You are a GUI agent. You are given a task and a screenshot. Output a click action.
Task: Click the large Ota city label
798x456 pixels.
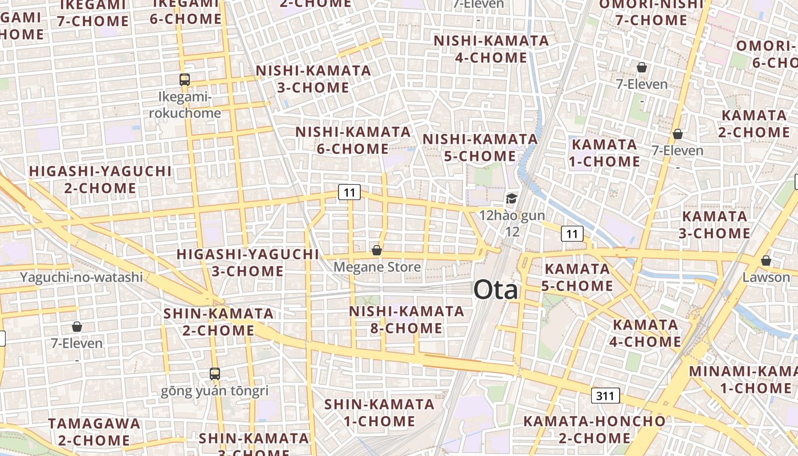496,290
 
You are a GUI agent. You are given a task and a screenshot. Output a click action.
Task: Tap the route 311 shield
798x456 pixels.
605,396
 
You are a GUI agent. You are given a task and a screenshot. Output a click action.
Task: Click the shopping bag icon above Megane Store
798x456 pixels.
376,250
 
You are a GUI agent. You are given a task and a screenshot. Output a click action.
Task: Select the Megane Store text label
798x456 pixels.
377,267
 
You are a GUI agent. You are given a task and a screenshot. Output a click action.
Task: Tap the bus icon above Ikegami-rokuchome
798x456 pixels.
185,80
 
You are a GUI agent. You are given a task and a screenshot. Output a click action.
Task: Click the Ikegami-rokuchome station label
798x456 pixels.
185,105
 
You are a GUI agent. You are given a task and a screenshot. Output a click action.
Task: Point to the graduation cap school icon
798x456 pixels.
511,199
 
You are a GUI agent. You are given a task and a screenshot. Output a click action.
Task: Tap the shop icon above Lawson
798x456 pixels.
766,260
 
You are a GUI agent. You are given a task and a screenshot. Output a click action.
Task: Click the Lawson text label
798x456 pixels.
766,277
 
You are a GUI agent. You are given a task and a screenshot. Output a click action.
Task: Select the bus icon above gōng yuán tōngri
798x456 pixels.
215,374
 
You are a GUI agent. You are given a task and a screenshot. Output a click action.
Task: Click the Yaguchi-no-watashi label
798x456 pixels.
82,278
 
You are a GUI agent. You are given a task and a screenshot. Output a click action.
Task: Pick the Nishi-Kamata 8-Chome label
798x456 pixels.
406,320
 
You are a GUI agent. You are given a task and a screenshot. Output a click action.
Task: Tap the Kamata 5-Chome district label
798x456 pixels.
577,277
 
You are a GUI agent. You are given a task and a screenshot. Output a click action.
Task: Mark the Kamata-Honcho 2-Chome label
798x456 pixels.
595,430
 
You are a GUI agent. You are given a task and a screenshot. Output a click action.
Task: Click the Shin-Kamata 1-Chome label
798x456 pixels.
379,413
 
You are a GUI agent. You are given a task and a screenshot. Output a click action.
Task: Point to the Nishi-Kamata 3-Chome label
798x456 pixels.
313,79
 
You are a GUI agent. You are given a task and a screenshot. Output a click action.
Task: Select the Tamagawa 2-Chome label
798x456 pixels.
94,432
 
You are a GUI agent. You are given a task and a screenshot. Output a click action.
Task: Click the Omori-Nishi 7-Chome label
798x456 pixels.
651,13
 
